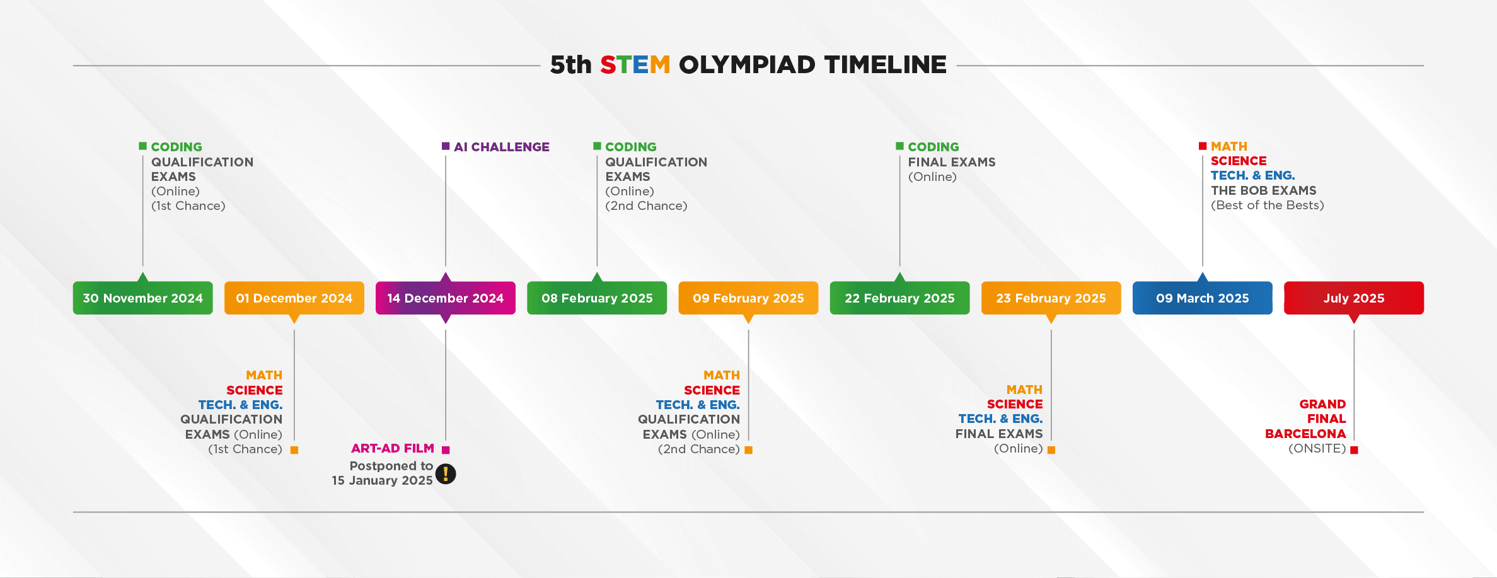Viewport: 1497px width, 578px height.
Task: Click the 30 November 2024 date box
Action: click(x=142, y=298)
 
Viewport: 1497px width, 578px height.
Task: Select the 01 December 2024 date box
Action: click(x=294, y=298)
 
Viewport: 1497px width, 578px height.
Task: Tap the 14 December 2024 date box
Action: click(x=445, y=298)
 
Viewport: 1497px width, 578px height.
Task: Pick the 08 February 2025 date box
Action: click(x=597, y=298)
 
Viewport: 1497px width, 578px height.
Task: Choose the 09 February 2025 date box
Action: click(x=748, y=298)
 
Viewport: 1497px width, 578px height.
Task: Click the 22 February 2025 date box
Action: click(x=899, y=298)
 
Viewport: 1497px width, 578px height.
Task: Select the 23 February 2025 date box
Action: click(x=1051, y=298)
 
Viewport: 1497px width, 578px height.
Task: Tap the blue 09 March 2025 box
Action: click(x=1202, y=298)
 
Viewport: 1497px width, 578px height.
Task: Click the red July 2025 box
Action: click(x=1353, y=298)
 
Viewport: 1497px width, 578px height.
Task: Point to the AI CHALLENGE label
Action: click(x=501, y=147)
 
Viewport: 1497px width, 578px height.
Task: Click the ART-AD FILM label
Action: click(x=392, y=448)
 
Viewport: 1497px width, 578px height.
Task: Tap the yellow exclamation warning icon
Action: click(x=446, y=473)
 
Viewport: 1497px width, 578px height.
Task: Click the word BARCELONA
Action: click(x=1305, y=434)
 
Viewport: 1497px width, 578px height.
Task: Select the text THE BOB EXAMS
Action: click(x=1263, y=190)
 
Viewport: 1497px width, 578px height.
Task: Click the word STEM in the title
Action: click(x=635, y=65)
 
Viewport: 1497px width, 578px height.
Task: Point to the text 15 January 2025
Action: click(x=382, y=480)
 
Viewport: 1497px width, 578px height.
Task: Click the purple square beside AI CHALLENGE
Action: click(x=446, y=146)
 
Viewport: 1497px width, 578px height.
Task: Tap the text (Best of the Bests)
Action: click(x=1267, y=205)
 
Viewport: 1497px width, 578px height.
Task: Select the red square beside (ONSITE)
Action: click(x=1354, y=449)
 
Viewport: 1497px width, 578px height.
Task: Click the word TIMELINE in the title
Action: click(x=885, y=65)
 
